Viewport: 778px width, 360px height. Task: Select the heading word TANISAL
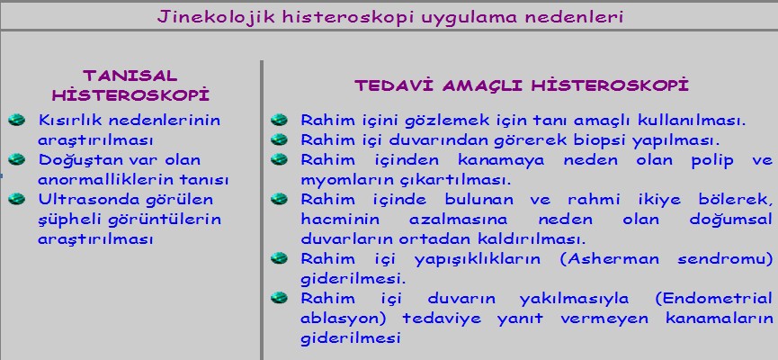tap(130, 76)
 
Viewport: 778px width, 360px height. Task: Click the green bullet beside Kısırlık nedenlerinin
tap(17, 120)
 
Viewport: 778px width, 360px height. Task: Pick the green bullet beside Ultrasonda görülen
tap(17, 200)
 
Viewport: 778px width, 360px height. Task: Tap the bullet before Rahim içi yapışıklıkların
tap(280, 258)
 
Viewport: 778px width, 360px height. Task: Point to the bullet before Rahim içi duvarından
tap(280, 140)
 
